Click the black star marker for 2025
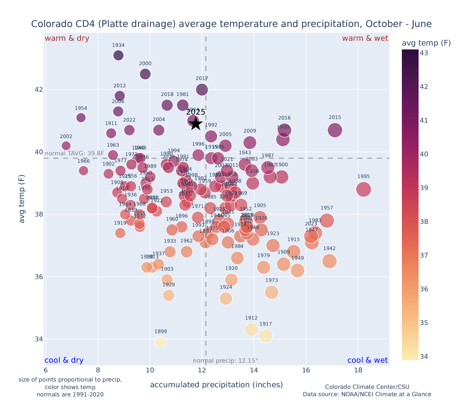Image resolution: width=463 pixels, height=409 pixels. point(195,124)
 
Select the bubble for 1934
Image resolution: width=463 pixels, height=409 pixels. point(118,55)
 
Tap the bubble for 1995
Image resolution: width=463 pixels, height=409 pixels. point(363,189)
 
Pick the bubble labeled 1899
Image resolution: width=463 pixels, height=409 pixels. point(160,342)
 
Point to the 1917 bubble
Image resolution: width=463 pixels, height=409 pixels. point(266,336)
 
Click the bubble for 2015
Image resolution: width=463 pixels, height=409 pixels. point(335,130)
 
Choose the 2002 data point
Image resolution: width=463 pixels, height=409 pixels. point(66,145)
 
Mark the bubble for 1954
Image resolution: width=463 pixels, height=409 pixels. point(81,118)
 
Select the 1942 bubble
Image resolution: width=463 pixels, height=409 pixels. point(329,261)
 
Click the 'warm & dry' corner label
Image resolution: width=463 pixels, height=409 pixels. point(67,38)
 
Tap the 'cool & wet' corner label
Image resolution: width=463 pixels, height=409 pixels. point(367,360)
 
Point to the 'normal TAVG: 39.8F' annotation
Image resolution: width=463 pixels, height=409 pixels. point(74,153)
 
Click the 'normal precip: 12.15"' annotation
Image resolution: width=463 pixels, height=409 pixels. point(225,361)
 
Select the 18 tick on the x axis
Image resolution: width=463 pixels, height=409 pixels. point(358,370)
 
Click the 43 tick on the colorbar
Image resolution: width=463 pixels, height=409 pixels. point(424,53)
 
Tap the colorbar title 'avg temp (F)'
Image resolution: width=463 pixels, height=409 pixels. point(426,43)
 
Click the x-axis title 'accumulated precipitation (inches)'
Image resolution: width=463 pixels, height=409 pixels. point(216,385)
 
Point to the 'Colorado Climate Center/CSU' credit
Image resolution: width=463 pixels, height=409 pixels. point(367,387)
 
